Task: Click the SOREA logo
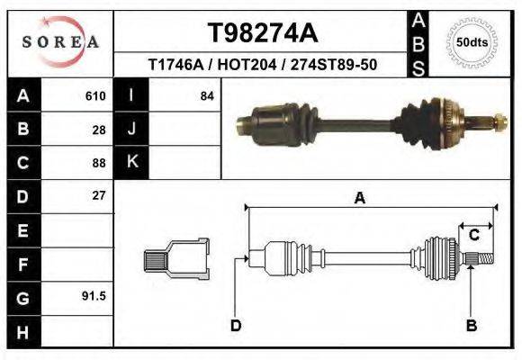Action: pos(60,42)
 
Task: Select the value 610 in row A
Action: pos(95,96)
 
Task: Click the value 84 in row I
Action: pos(206,96)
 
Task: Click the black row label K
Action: pos(131,162)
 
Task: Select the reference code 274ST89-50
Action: pos(335,66)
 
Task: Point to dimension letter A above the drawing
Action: pos(359,199)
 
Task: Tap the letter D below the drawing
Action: pos(236,325)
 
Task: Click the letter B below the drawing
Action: pos(471,325)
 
